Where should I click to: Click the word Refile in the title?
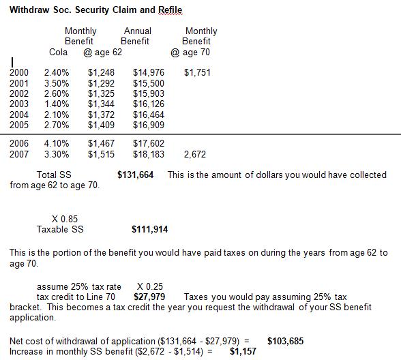[x=169, y=10]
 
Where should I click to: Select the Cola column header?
[x=58, y=52]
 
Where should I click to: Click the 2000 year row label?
[x=19, y=72]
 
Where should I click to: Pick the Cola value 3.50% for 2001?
[x=57, y=83]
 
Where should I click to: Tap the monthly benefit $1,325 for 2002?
[x=102, y=93]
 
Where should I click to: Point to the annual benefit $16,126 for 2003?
[x=148, y=104]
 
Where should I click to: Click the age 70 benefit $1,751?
[x=198, y=72]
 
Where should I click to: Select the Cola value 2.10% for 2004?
[x=57, y=115]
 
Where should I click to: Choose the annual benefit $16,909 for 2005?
[x=148, y=125]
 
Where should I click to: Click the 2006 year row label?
[x=19, y=144]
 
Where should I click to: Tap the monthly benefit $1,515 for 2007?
[x=102, y=155]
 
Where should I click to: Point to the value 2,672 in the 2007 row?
[x=195, y=155]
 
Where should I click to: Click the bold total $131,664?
[x=136, y=175]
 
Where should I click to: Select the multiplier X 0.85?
[x=65, y=219]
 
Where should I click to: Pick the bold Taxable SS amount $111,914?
[x=149, y=230]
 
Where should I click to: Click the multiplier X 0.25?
[x=149, y=286]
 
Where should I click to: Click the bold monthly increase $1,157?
[x=243, y=351]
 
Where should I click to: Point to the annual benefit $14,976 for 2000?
[x=148, y=72]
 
